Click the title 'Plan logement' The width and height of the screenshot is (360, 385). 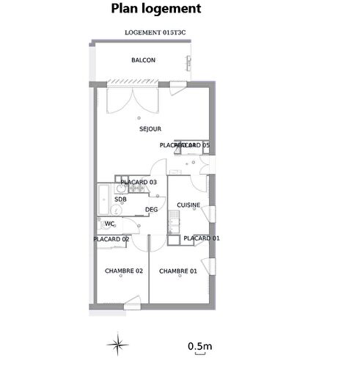pyautogui.click(x=155, y=10)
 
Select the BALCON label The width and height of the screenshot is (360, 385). pyautogui.click(x=142, y=60)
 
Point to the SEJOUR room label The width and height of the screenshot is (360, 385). pyautogui.click(x=150, y=129)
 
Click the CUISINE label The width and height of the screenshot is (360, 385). pyautogui.click(x=188, y=206)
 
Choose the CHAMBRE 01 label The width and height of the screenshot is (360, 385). pyautogui.click(x=178, y=271)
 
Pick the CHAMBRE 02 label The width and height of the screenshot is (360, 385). pyautogui.click(x=123, y=271)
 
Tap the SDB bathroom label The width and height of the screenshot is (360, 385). pyautogui.click(x=120, y=199)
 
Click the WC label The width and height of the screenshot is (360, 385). pyautogui.click(x=109, y=224)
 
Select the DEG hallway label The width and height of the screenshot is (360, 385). pyautogui.click(x=152, y=210)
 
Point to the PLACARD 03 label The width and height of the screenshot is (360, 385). pyautogui.click(x=139, y=182)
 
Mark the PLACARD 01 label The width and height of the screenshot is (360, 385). pyautogui.click(x=201, y=238)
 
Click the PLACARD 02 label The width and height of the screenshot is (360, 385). pyautogui.click(x=111, y=239)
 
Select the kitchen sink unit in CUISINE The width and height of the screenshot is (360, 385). pyautogui.click(x=172, y=221)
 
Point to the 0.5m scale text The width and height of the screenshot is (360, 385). pyautogui.click(x=199, y=345)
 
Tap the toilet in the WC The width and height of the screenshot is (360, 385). pyautogui.click(x=100, y=224)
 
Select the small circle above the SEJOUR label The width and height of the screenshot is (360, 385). pyautogui.click(x=139, y=117)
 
